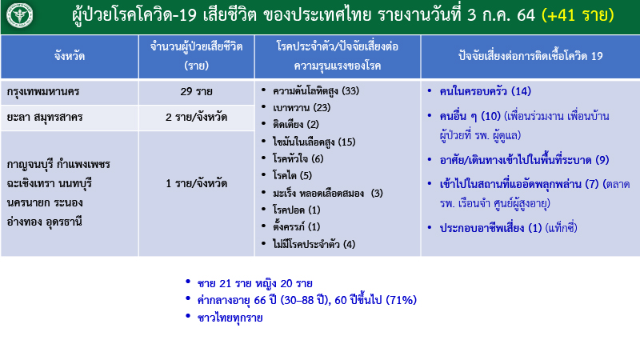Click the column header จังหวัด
70,57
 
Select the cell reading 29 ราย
196,91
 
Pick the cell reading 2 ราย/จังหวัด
196,117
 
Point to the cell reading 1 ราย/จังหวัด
196,183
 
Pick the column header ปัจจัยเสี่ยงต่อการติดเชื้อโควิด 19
530,57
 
